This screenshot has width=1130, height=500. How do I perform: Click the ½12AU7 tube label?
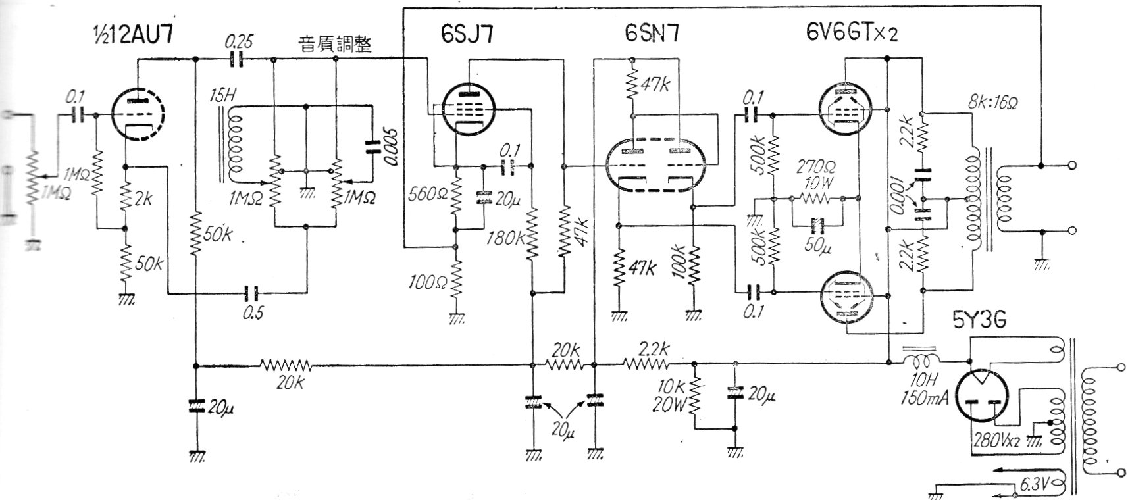click(136, 32)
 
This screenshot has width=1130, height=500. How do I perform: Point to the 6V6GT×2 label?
click(850, 32)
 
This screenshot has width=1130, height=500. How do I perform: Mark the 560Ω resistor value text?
click(429, 194)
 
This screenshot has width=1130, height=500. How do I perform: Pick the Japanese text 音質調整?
click(334, 43)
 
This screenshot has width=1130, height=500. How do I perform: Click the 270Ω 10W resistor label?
click(816, 174)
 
